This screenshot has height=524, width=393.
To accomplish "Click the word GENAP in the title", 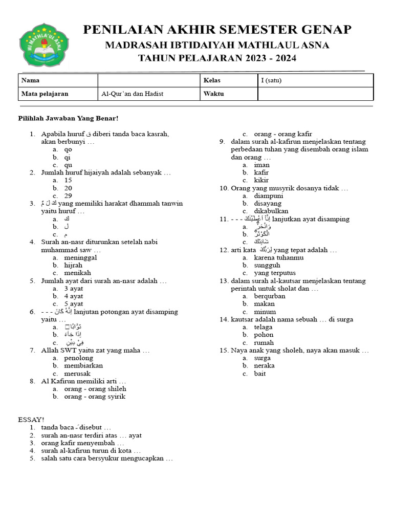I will click(325, 30).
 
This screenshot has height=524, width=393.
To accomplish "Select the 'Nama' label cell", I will click(58, 80).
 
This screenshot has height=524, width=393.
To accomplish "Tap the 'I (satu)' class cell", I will click(315, 80).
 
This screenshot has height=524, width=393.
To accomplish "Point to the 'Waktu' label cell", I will click(229, 94).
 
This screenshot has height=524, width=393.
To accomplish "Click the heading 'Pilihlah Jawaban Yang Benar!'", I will click(69, 119).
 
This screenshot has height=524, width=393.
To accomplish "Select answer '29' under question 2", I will click(68, 195).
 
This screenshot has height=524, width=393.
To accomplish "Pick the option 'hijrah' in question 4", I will click(73, 265).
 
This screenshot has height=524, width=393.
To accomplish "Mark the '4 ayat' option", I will click(74, 296).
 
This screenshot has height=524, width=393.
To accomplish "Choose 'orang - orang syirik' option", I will click(95, 396).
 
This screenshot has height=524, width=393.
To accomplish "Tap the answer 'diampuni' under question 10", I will click(269, 195).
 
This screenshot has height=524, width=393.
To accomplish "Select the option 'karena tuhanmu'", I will click(278, 257).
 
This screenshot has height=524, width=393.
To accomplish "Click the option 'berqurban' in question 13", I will click(270, 296).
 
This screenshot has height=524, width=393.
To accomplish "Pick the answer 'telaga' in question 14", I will click(263, 327).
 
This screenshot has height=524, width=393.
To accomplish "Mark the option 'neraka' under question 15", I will click(264, 365).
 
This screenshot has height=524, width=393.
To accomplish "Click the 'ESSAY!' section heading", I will click(31, 419).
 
